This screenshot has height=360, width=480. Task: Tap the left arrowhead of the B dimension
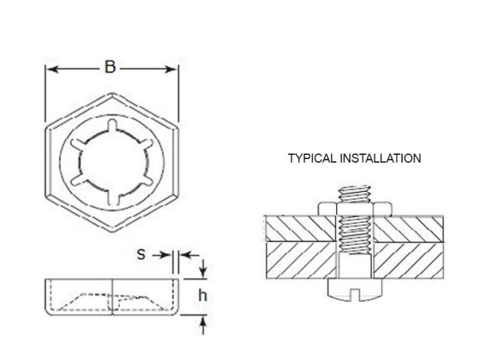pos(50,70)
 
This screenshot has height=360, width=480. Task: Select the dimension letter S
pos(142,255)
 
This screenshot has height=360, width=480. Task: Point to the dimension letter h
pos(200,295)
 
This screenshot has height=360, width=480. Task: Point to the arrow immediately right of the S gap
pos(186,256)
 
